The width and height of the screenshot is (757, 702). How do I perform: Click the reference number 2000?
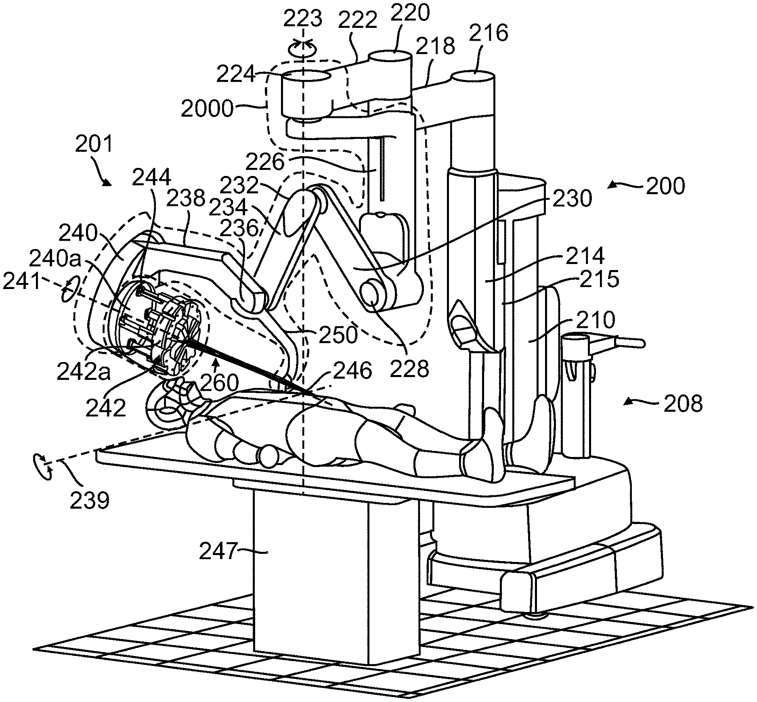pos(207,109)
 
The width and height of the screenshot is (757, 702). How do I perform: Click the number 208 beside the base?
pos(683,403)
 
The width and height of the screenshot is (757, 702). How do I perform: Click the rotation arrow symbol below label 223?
pos(302,48)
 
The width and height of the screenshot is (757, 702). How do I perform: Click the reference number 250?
pos(338,335)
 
